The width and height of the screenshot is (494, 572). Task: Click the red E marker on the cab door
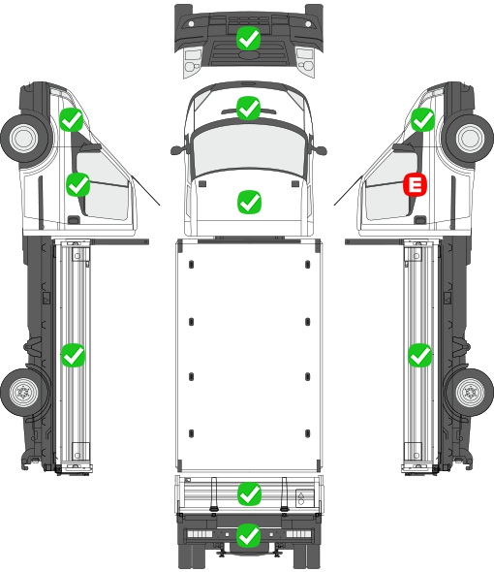click(x=415, y=184)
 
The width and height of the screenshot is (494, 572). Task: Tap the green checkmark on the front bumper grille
click(x=248, y=38)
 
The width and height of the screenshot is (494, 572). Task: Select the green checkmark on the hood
click(x=249, y=202)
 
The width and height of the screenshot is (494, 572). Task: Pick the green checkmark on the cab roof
click(x=248, y=108)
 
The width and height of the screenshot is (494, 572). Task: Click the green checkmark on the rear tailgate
click(x=249, y=494)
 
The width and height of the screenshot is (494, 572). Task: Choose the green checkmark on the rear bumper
click(x=249, y=535)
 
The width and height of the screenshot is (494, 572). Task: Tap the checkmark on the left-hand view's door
click(x=78, y=184)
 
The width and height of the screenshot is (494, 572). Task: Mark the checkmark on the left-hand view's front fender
click(x=72, y=119)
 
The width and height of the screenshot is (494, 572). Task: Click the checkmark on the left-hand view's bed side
click(x=73, y=355)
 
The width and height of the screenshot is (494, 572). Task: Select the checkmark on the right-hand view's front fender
click(x=423, y=119)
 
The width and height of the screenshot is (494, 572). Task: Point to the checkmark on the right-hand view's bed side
click(x=420, y=355)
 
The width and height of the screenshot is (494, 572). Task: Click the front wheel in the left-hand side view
click(x=24, y=138)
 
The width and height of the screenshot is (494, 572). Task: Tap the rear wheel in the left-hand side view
click(x=24, y=393)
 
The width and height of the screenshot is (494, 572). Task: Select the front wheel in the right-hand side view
click(x=471, y=138)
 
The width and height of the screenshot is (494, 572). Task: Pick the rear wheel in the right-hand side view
click(x=471, y=393)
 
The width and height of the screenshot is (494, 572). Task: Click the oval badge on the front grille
click(x=248, y=54)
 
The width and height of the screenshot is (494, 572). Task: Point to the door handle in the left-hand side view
click(x=74, y=220)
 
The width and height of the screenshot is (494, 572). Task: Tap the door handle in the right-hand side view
click(x=420, y=220)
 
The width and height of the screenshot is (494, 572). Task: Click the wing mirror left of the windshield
click(x=176, y=150)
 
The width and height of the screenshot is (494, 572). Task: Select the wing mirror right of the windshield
click(x=321, y=150)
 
